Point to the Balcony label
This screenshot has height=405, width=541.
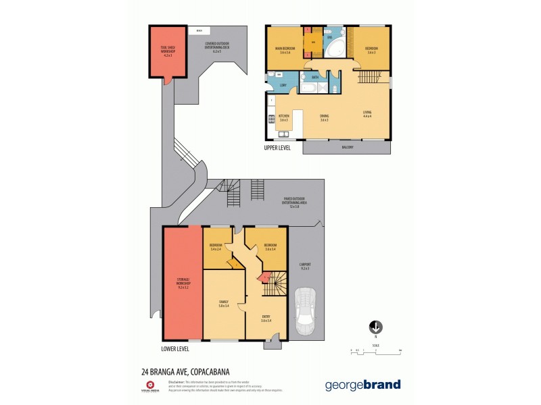(347, 146)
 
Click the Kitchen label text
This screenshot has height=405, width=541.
(284, 117)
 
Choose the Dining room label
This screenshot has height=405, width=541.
(324, 117)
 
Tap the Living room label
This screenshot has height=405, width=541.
(367, 113)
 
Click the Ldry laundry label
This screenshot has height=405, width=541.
(275, 84)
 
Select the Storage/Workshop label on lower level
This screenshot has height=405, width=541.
(183, 284)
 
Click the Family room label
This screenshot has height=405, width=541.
(223, 303)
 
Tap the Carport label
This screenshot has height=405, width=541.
(304, 266)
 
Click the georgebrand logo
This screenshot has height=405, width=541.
(362, 385)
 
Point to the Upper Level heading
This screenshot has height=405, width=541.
(277, 147)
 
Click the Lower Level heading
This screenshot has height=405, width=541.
(176, 349)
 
